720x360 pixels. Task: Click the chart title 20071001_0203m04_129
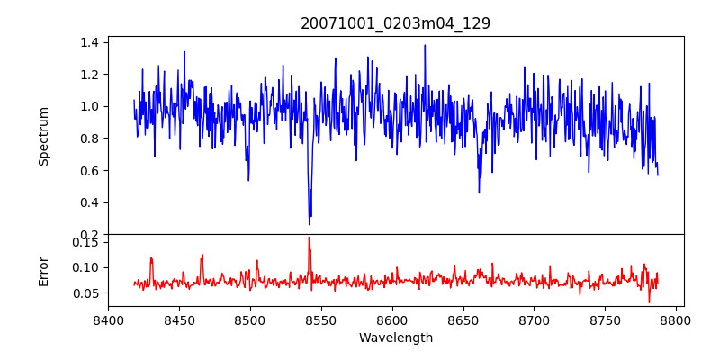tap(395, 23)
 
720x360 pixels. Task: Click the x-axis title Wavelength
tap(395, 337)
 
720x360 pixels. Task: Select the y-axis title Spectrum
tap(43, 136)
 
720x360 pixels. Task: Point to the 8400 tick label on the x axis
tap(108, 319)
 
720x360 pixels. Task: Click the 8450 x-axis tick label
tap(179, 319)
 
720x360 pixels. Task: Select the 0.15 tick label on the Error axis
tap(85, 242)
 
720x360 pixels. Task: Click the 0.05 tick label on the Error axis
tap(85, 293)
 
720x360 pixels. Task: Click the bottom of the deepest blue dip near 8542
tap(310, 223)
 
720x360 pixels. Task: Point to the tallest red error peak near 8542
tap(309, 238)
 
